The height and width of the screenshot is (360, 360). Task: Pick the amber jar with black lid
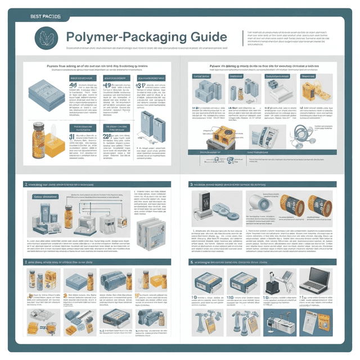pyautogui.click(x=40, y=137)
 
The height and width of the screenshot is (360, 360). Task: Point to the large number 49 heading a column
pyautogui.click(x=74, y=86)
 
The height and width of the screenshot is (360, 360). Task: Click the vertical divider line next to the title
pyautogui.click(x=242, y=38)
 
